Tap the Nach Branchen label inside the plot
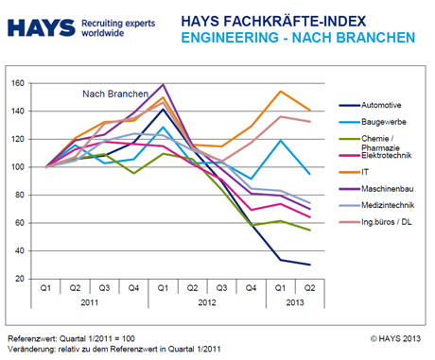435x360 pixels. [x=107, y=94]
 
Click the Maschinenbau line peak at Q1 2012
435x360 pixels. [x=163, y=84]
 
